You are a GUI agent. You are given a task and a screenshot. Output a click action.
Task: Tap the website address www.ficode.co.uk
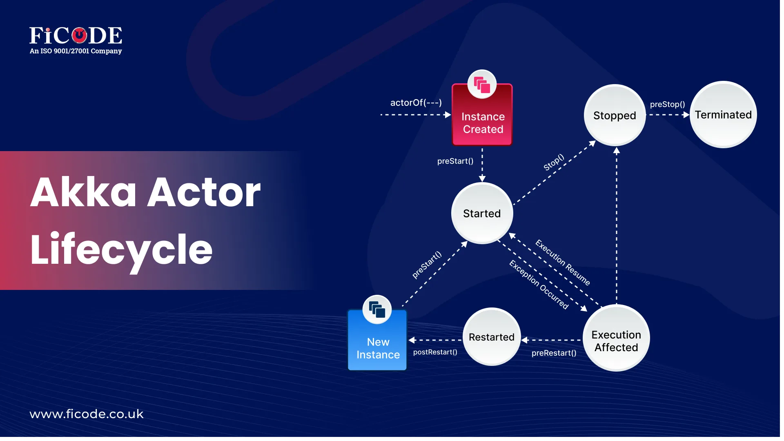87,414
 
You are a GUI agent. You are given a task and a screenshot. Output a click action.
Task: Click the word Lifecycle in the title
122,250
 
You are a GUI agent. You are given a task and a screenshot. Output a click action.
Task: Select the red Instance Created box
482,115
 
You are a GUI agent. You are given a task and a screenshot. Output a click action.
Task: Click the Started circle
482,213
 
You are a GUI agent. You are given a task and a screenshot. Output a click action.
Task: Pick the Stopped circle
615,115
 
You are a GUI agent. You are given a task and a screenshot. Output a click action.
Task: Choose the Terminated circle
724,114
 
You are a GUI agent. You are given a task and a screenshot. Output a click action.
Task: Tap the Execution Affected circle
617,338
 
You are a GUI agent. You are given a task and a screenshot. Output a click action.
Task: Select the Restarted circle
492,337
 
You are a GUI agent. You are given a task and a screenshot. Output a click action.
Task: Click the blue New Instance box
377,340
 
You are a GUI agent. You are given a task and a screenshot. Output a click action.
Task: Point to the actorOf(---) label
416,102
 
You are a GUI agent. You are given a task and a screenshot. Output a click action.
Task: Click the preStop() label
668,104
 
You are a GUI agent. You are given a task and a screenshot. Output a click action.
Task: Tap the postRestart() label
435,352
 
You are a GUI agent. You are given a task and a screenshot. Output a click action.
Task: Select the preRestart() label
554,353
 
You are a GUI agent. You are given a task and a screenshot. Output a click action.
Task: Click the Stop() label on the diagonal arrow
554,162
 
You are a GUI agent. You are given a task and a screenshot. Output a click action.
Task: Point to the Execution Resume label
563,262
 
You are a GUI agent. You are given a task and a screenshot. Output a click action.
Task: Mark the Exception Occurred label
539,284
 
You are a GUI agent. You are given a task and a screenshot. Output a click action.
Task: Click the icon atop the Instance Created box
482,85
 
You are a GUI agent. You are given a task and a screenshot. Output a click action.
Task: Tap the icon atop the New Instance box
377,310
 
